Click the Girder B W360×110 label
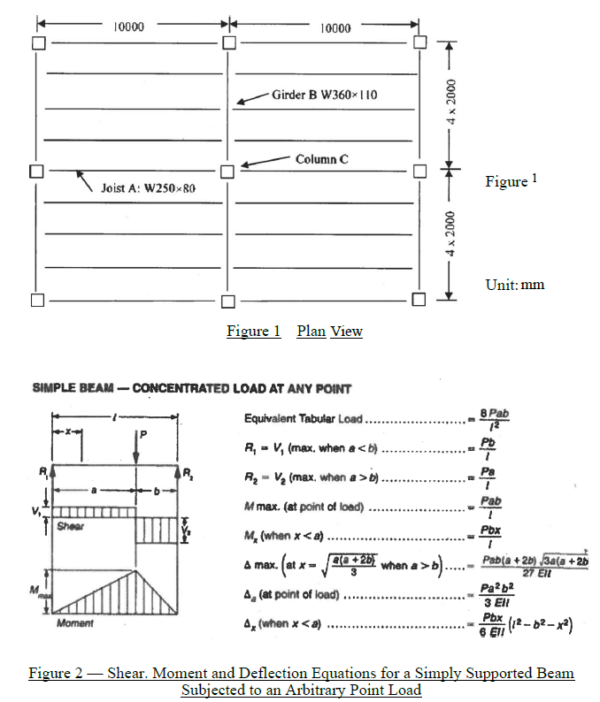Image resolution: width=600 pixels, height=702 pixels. (x=325, y=94)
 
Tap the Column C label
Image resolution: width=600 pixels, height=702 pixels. (x=322, y=158)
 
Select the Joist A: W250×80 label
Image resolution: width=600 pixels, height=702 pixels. (x=148, y=189)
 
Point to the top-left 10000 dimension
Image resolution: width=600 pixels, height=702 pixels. (x=129, y=27)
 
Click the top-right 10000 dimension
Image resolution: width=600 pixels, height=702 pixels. (x=334, y=27)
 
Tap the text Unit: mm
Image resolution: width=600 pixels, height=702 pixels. (x=515, y=285)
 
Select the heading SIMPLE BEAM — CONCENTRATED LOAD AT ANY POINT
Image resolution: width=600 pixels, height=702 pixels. (x=192, y=389)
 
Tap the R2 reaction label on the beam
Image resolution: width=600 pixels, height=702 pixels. (x=187, y=482)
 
